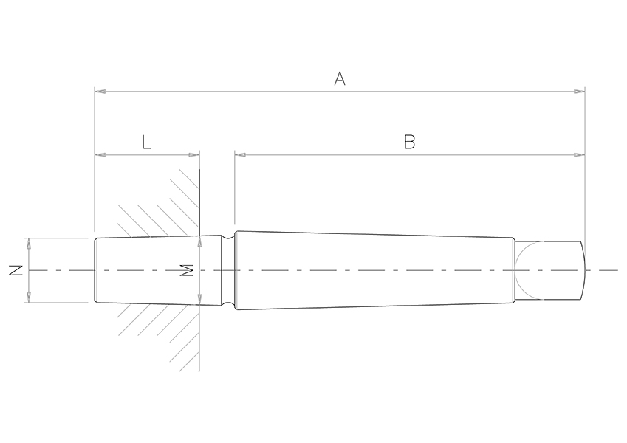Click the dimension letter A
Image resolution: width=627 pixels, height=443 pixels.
[340, 78]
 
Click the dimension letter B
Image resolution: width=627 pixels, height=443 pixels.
[409, 142]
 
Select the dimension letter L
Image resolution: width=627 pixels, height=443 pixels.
[147, 142]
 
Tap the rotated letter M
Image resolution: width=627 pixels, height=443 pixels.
[187, 270]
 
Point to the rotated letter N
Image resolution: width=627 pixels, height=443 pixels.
[16, 270]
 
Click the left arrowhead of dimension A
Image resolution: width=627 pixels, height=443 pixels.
[100, 92]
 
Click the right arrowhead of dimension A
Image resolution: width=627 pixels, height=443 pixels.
[580, 92]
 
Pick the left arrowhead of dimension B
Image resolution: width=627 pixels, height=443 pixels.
[240, 155]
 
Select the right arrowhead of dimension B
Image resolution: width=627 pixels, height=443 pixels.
[580, 155]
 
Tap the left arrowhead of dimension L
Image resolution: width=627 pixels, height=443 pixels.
[100, 155]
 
